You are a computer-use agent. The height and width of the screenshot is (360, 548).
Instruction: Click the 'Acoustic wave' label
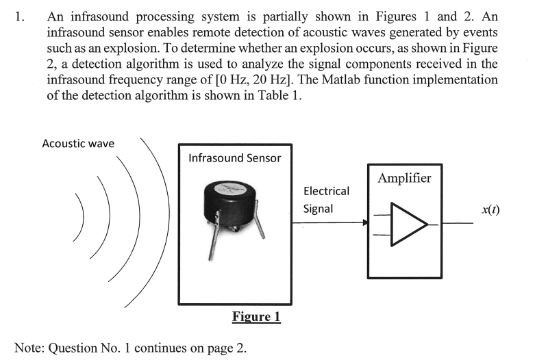coord(78,144)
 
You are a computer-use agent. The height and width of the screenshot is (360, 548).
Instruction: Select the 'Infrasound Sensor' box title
coord(234,158)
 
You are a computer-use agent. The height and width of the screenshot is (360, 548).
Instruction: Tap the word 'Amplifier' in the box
coord(404,179)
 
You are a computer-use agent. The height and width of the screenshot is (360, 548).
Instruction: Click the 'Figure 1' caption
coord(256,317)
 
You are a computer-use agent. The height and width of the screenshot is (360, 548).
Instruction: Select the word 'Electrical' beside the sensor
coord(326,191)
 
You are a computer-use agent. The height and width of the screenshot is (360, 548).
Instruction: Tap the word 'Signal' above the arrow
coord(318,209)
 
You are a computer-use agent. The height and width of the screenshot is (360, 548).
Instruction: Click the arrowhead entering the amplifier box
coord(364,222)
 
